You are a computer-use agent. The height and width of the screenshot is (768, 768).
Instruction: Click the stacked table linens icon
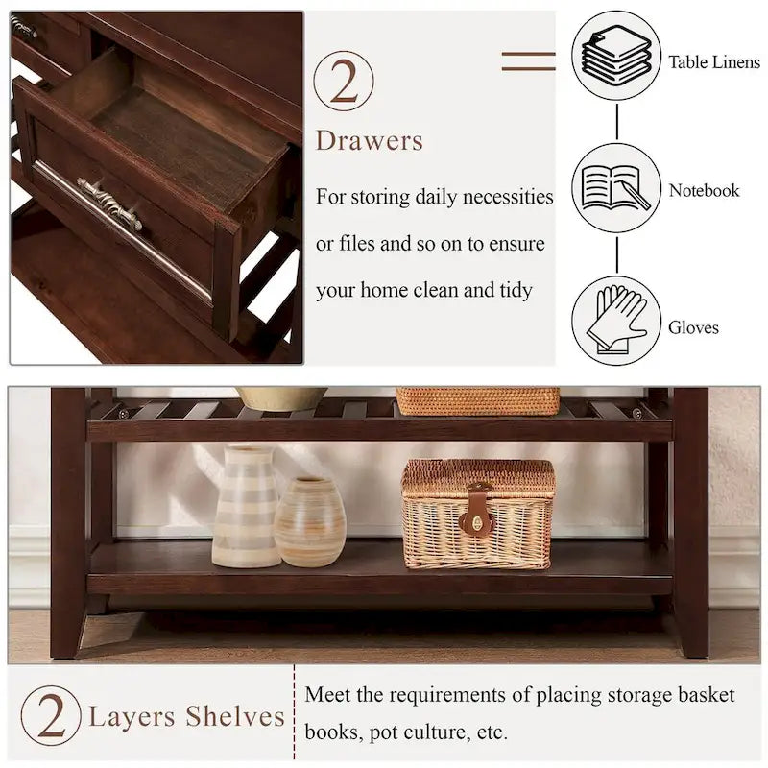pos(616,56)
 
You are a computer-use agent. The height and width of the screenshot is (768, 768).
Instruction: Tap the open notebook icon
pos(616,187)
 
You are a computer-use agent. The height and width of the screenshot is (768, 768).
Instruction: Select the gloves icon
pos(616,320)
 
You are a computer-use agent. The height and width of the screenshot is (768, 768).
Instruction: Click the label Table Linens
pos(714,62)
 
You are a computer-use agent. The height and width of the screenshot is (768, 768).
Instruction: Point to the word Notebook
pos(704,191)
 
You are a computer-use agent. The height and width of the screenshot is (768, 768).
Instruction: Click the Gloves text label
pos(693,328)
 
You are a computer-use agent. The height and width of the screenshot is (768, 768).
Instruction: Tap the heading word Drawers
pos(370,141)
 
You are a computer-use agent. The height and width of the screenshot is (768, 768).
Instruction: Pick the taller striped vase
pos(246,506)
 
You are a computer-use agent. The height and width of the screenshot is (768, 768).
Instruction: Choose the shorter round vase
pos(309,522)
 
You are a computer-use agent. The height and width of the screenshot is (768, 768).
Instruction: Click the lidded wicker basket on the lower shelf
pos(477,514)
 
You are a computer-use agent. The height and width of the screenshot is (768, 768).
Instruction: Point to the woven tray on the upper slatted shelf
pos(477,400)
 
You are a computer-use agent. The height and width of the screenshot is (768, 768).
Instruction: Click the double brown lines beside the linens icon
pos(528,61)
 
